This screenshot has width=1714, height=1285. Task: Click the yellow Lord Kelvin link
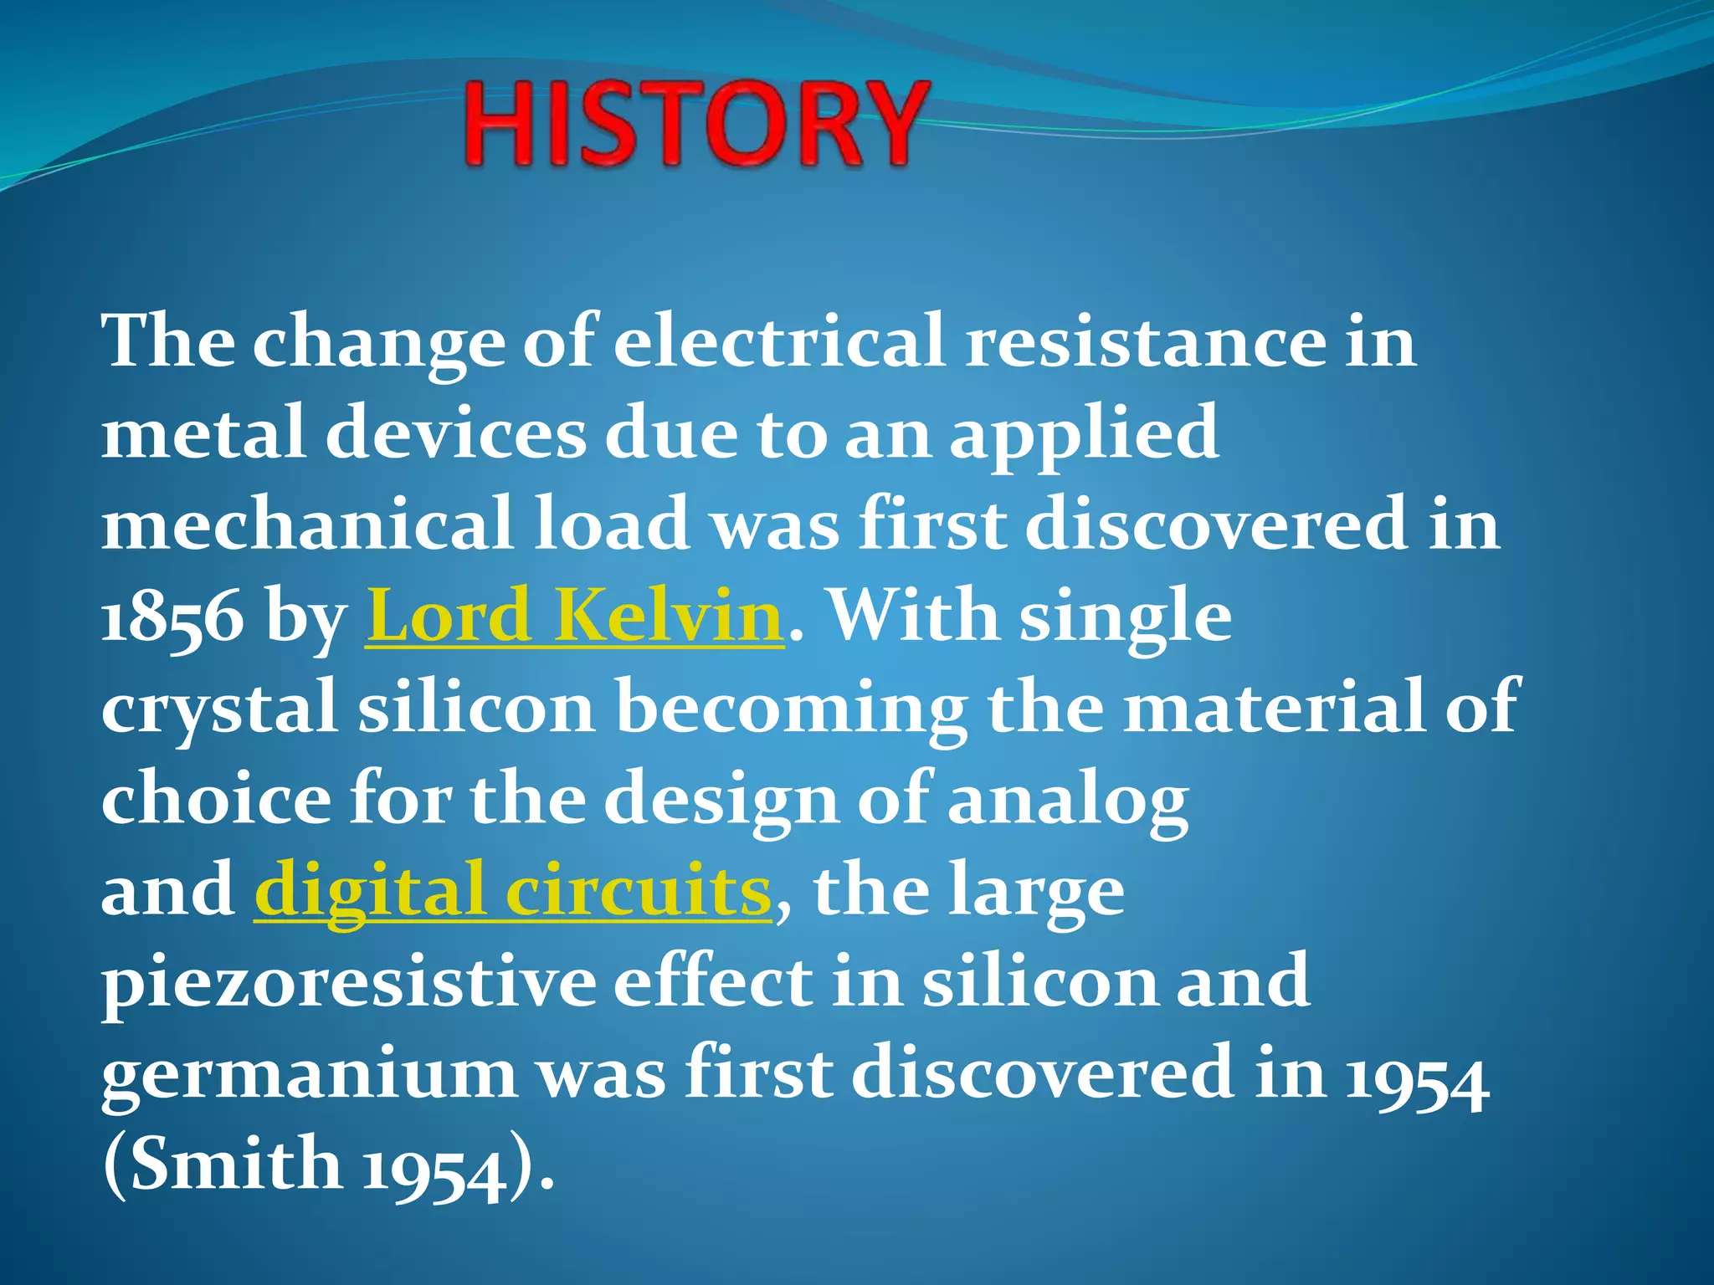click(574, 617)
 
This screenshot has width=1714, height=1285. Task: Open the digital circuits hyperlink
click(512, 890)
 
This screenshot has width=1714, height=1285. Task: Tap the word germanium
click(310, 1074)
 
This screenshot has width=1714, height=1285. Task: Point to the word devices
click(455, 433)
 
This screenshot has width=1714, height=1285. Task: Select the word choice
click(216, 800)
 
